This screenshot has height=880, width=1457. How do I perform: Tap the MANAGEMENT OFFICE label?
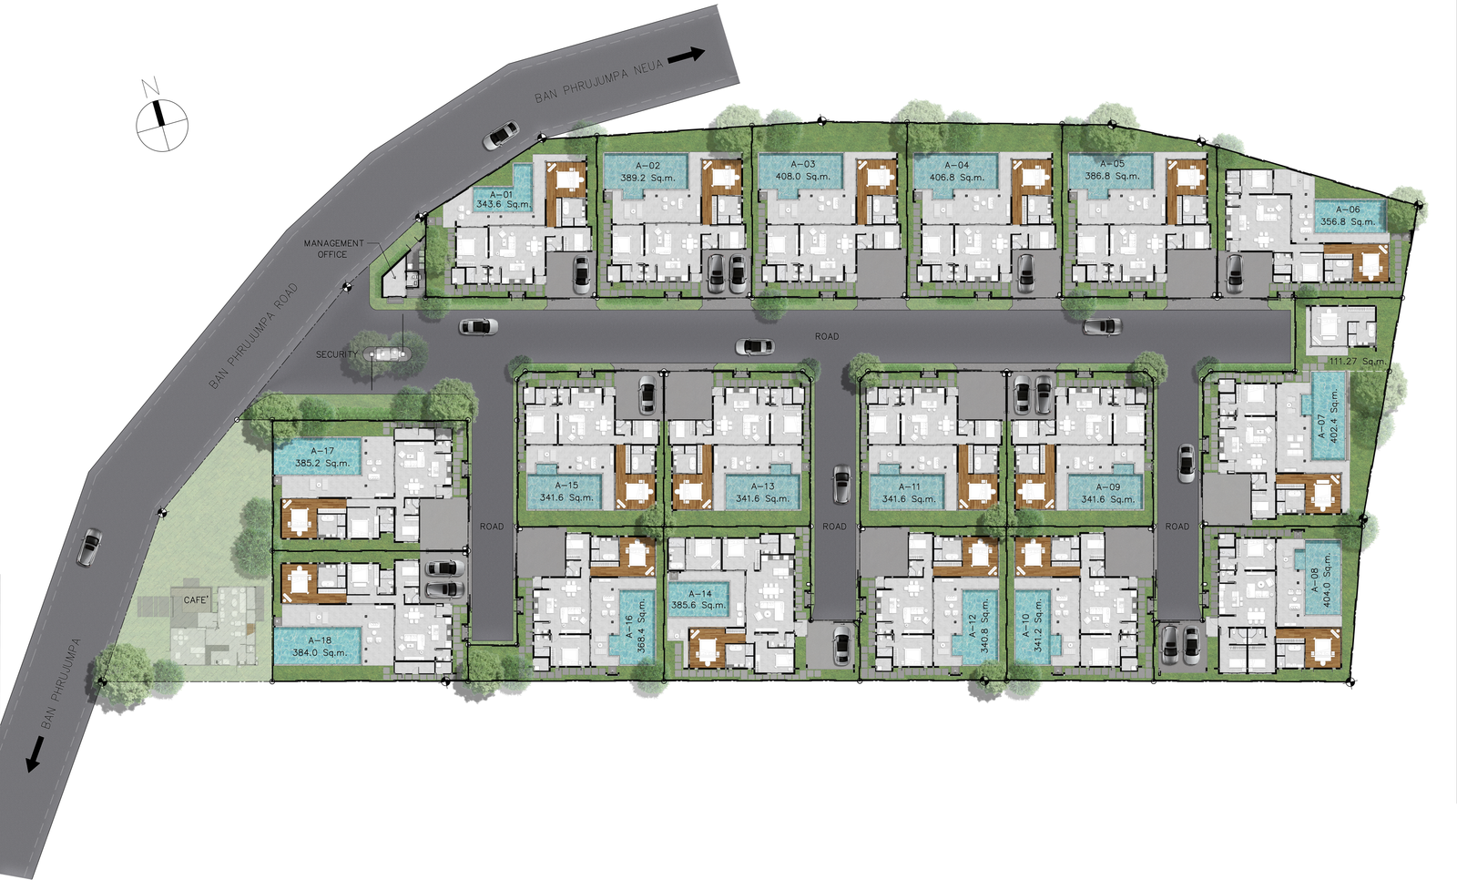pyautogui.click(x=333, y=249)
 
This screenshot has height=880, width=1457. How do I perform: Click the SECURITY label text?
pyautogui.click(x=336, y=354)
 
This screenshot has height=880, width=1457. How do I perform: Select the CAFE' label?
pyautogui.click(x=196, y=600)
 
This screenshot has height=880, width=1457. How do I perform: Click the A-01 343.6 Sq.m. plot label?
pyautogui.click(x=503, y=200)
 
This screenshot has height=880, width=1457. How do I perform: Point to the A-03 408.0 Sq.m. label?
pyautogui.click(x=802, y=170)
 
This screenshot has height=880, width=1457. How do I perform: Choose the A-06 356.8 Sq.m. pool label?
pyautogui.click(x=1348, y=215)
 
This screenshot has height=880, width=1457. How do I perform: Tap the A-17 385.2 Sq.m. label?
pyautogui.click(x=322, y=457)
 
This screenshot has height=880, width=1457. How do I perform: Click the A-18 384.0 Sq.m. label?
pyautogui.click(x=320, y=646)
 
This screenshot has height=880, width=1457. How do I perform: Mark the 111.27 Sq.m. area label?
pyautogui.click(x=1357, y=362)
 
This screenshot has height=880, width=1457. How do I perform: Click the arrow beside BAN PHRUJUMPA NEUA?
pyautogui.click(x=687, y=56)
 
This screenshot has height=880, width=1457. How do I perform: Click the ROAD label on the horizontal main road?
pyautogui.click(x=827, y=336)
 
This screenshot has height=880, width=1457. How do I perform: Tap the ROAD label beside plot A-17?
pyautogui.click(x=492, y=527)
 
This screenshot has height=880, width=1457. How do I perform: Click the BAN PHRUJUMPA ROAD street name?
pyautogui.click(x=253, y=336)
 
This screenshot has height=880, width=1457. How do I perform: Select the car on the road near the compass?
pyautogui.click(x=500, y=136)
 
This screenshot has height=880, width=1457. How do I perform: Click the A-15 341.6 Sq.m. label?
pyautogui.click(x=565, y=491)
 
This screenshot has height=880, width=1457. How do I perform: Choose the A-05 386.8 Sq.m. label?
pyautogui.click(x=1112, y=169)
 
